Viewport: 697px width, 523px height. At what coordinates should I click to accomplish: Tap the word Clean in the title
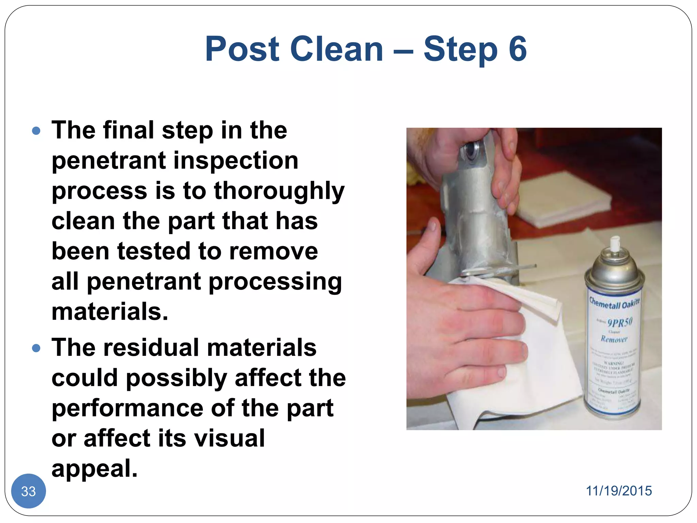(337, 49)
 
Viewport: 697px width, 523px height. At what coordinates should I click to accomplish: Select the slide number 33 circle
(29, 491)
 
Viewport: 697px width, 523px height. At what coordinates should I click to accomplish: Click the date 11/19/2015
(618, 491)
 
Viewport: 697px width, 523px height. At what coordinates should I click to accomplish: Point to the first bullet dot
(36, 131)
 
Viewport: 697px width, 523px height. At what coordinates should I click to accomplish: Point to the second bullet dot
(36, 348)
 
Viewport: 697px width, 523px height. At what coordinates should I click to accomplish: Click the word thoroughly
(279, 191)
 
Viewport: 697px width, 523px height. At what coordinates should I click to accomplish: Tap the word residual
(152, 348)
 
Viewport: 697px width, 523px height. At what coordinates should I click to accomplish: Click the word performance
(127, 409)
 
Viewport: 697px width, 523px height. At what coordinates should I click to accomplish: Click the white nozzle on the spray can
(614, 244)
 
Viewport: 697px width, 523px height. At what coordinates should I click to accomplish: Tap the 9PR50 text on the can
(619, 322)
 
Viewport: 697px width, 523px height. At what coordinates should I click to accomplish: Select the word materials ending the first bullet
(110, 312)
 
